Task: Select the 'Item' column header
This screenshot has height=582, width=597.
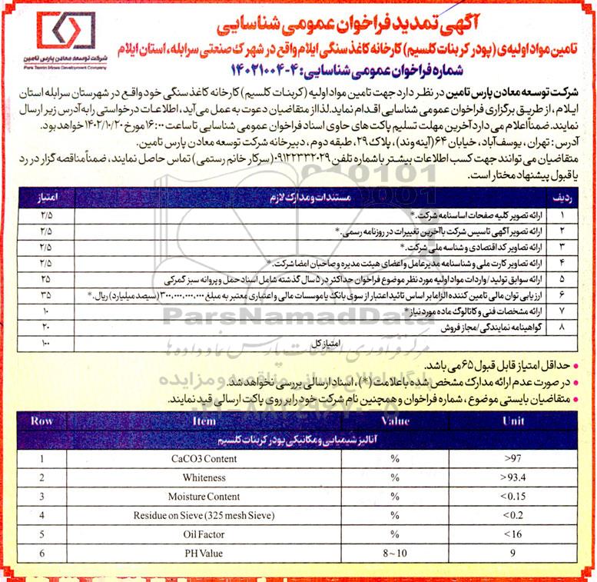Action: click(204, 421)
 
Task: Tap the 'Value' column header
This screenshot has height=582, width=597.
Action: click(395, 421)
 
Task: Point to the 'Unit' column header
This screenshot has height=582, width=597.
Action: click(512, 421)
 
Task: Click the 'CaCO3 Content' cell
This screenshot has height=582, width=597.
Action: click(204, 458)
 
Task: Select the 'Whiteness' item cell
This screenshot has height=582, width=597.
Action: click(204, 477)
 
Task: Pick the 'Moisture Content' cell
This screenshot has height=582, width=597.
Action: click(204, 497)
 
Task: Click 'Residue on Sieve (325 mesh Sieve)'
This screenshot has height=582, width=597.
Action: click(204, 515)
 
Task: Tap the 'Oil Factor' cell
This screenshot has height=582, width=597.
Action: click(204, 534)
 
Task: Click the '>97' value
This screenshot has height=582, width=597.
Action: click(512, 458)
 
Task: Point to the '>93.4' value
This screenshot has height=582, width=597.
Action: click(512, 477)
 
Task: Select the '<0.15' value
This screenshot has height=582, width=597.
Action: click(512, 497)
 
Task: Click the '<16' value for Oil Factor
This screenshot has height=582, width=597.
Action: click(512, 534)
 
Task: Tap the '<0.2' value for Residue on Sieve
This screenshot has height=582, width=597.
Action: click(512, 515)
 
